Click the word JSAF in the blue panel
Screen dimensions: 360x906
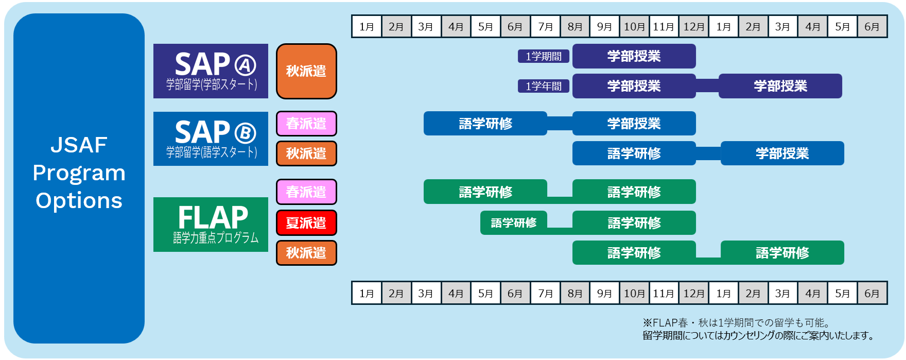coord(79,145)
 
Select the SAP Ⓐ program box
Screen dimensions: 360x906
coord(211,71)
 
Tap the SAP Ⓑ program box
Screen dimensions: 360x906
coord(211,139)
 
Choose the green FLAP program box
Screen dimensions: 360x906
coord(211,225)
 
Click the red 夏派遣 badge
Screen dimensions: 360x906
coord(306,222)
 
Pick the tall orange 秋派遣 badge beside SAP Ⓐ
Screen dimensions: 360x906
coord(306,71)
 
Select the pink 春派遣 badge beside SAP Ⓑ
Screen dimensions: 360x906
coord(306,124)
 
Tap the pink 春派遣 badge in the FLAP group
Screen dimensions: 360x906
coord(306,192)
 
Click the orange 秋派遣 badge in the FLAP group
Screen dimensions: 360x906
coord(306,253)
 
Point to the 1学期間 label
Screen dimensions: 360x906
coord(544,56)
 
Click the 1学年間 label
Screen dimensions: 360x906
coord(544,86)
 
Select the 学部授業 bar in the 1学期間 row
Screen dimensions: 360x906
coord(634,56)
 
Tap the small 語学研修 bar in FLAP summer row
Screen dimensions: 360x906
coord(513,222)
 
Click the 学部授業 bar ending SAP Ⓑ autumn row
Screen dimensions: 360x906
coord(782,153)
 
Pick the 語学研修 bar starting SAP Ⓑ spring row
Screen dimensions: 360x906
coord(485,124)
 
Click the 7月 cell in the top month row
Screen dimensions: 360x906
coord(545,26)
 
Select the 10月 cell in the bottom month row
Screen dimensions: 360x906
coord(634,293)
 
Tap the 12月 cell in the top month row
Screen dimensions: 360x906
coord(693,26)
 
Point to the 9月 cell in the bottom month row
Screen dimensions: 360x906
coord(604,293)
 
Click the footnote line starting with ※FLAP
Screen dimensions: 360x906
coord(737,323)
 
